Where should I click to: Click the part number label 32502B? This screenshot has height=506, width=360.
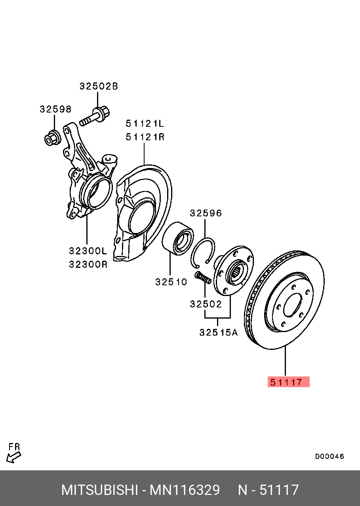click(x=99, y=86)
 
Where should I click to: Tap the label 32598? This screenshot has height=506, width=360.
click(x=55, y=109)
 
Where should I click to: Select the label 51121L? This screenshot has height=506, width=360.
click(x=145, y=124)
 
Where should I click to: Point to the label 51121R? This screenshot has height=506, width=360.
click(x=145, y=137)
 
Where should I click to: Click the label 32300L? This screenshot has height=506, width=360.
click(x=88, y=251)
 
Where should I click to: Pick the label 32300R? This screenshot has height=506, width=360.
click(x=88, y=264)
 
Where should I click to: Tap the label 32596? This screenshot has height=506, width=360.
click(x=206, y=213)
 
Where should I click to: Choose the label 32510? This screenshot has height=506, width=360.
click(x=171, y=282)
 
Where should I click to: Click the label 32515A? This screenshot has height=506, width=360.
click(x=218, y=332)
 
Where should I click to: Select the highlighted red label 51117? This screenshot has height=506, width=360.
click(x=288, y=382)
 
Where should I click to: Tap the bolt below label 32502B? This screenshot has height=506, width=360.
click(x=95, y=116)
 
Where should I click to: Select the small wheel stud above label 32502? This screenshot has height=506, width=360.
click(x=203, y=277)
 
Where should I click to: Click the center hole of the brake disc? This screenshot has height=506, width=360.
click(x=292, y=305)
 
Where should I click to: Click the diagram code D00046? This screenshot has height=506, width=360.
click(x=330, y=456)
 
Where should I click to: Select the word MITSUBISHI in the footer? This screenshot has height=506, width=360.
click(x=99, y=490)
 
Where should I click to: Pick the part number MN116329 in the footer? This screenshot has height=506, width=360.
click(x=185, y=490)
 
